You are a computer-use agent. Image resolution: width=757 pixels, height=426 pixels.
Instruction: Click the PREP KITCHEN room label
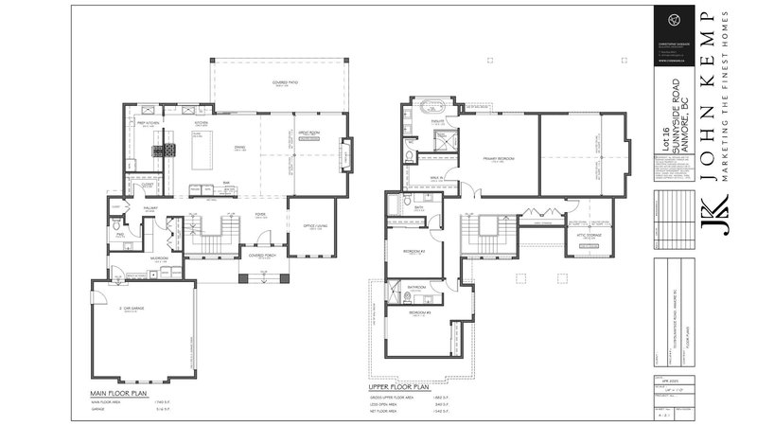pyautogui.click(x=147, y=122)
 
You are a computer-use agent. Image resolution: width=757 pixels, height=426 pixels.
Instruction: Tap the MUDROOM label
pyautogui.click(x=158, y=257)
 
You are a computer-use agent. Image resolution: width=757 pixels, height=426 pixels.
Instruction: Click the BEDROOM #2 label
pyautogui.click(x=413, y=251)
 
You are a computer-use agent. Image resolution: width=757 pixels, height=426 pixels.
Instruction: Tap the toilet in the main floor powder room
pyautogui.click(x=116, y=226)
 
